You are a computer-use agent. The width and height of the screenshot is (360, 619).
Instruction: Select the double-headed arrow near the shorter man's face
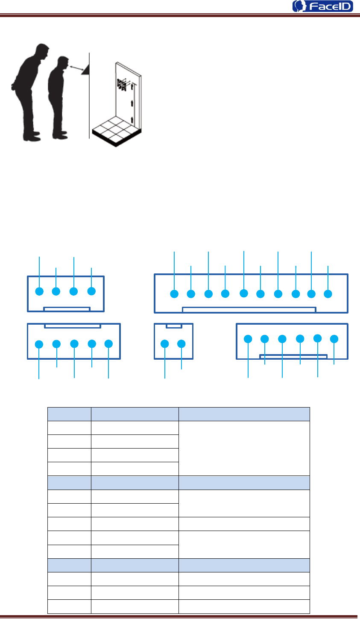(77, 67)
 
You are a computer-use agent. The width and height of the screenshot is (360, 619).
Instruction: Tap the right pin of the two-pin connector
(181, 343)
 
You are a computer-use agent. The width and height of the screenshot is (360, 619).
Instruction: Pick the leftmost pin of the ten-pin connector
(174, 294)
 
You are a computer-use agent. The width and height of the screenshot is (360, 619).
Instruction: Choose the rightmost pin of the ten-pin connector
(328, 294)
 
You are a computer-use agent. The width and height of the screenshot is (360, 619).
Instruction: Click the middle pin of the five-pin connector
(74, 343)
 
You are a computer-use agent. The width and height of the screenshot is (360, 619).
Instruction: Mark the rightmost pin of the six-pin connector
(334, 339)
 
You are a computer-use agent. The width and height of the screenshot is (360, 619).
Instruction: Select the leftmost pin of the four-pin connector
(39, 291)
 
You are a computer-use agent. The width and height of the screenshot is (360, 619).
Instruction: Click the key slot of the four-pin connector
(66, 308)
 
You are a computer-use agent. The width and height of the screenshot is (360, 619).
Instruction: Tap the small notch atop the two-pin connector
(174, 326)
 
